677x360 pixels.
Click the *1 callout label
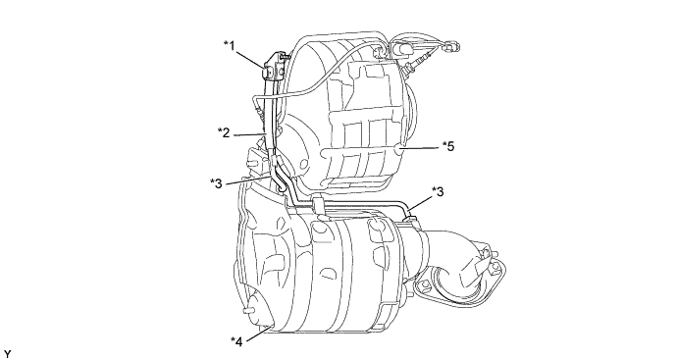click(x=230, y=45)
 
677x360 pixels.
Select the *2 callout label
click(x=224, y=132)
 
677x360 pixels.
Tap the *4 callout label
click(x=236, y=341)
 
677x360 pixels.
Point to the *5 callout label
click(x=448, y=146)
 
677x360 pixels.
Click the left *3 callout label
click(x=216, y=183)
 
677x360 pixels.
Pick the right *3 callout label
click(x=438, y=191)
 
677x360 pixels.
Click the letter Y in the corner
click(x=7, y=355)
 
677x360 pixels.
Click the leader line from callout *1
click(x=250, y=59)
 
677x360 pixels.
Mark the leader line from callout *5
click(x=421, y=148)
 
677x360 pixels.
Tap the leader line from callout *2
click(x=248, y=134)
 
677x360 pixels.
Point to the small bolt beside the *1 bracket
click(x=286, y=56)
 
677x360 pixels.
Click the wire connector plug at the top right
click(x=452, y=45)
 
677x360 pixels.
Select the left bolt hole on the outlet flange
click(x=424, y=285)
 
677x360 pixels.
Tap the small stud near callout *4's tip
click(x=247, y=310)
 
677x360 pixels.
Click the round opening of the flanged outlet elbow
click(x=450, y=285)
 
